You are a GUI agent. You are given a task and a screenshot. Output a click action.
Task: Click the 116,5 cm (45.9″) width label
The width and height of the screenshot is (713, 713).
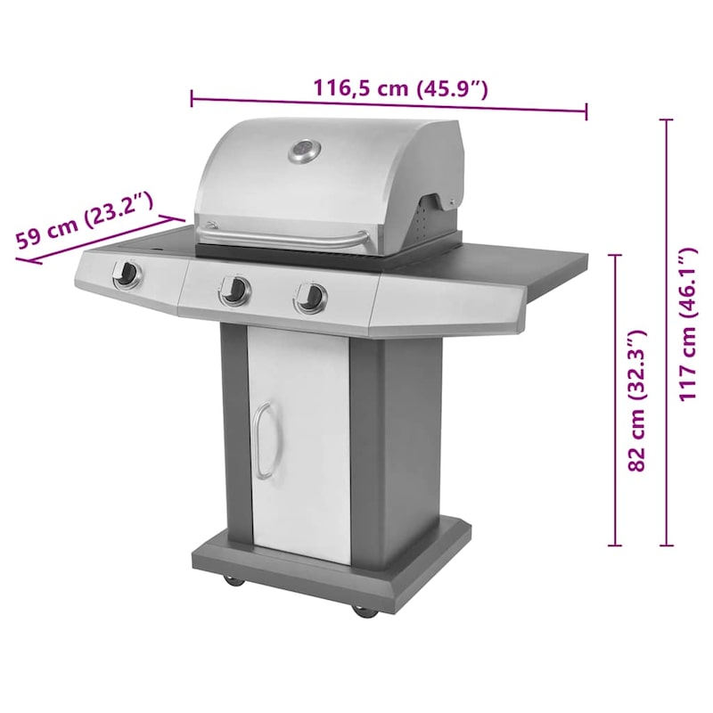pyautogui.click(x=400, y=88)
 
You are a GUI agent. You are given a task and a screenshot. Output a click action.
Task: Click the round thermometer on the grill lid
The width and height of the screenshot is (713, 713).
pyautogui.click(x=303, y=152)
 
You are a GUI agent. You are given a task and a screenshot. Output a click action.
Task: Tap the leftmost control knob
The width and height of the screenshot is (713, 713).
pyautogui.click(x=127, y=275)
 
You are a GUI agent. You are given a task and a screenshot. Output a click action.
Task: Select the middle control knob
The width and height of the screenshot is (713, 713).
pyautogui.click(x=235, y=289)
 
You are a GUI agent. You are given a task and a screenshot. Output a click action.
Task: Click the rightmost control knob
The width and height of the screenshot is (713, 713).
pyautogui.click(x=311, y=297)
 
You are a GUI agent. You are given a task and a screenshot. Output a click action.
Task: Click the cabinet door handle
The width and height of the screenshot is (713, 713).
pyautogui.click(x=261, y=441)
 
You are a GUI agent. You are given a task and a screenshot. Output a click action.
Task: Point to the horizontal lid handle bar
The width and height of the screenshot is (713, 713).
pyautogui.click(x=283, y=238)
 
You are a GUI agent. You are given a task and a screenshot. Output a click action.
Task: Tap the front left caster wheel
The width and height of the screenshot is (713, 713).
pyautogui.click(x=234, y=580)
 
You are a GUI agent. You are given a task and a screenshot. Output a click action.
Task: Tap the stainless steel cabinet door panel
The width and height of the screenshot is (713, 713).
pyautogui.click(x=299, y=441)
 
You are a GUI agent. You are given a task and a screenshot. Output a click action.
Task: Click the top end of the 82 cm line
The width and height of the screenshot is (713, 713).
pyautogui.click(x=614, y=255)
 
